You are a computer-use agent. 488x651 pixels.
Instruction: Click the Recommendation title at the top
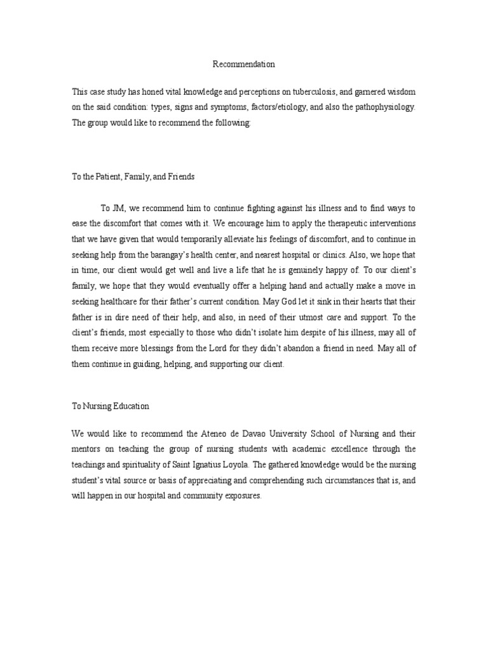click(243, 64)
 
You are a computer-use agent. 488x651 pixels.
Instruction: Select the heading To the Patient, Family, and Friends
click(133, 177)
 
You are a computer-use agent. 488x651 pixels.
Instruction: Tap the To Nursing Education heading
click(111, 405)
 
